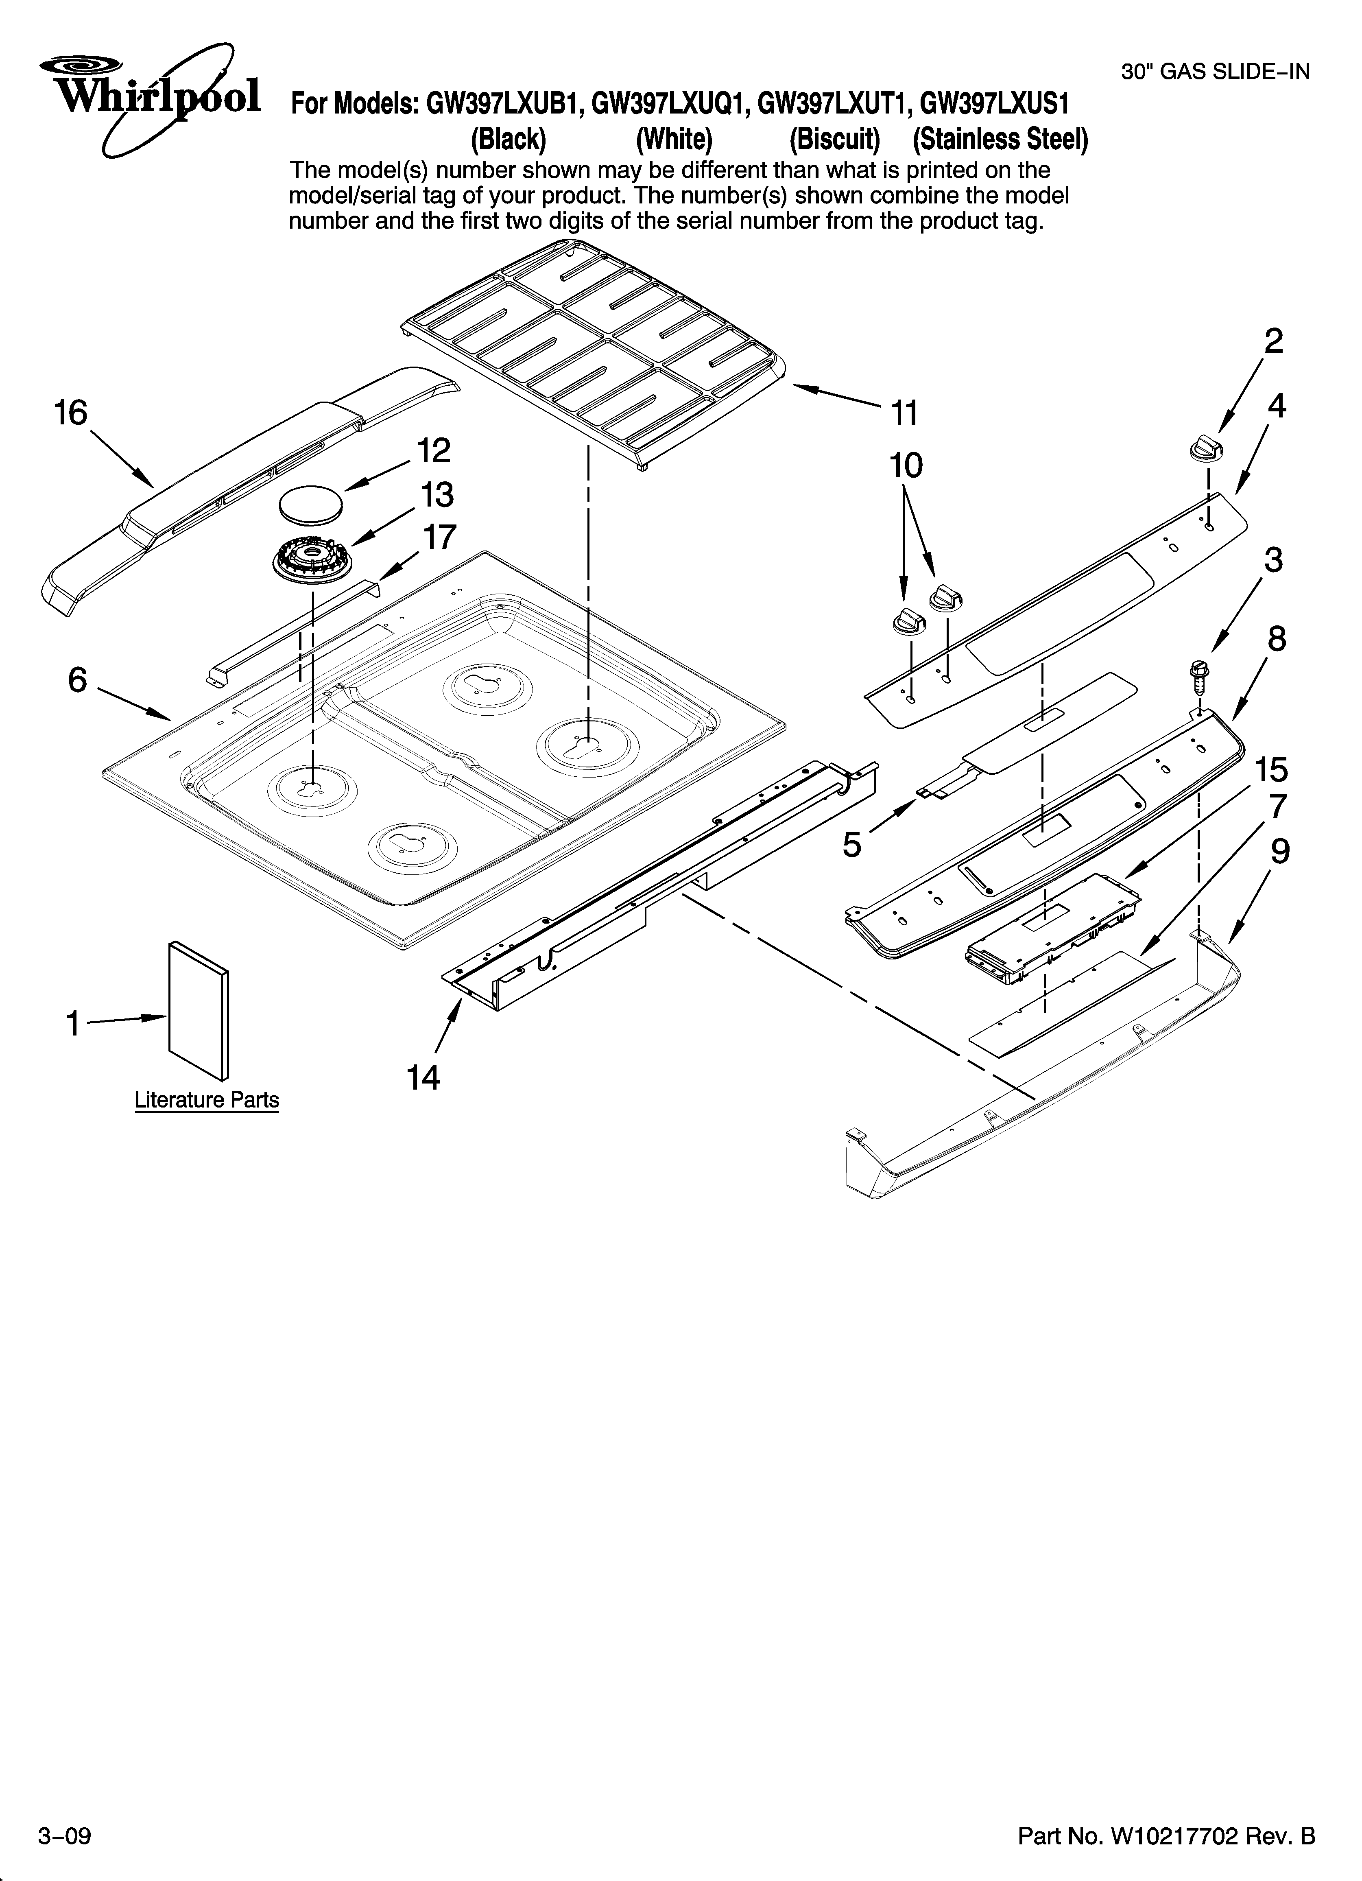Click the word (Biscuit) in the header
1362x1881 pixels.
point(834,139)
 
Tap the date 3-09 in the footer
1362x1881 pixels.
point(64,1835)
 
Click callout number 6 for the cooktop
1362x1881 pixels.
point(77,680)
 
